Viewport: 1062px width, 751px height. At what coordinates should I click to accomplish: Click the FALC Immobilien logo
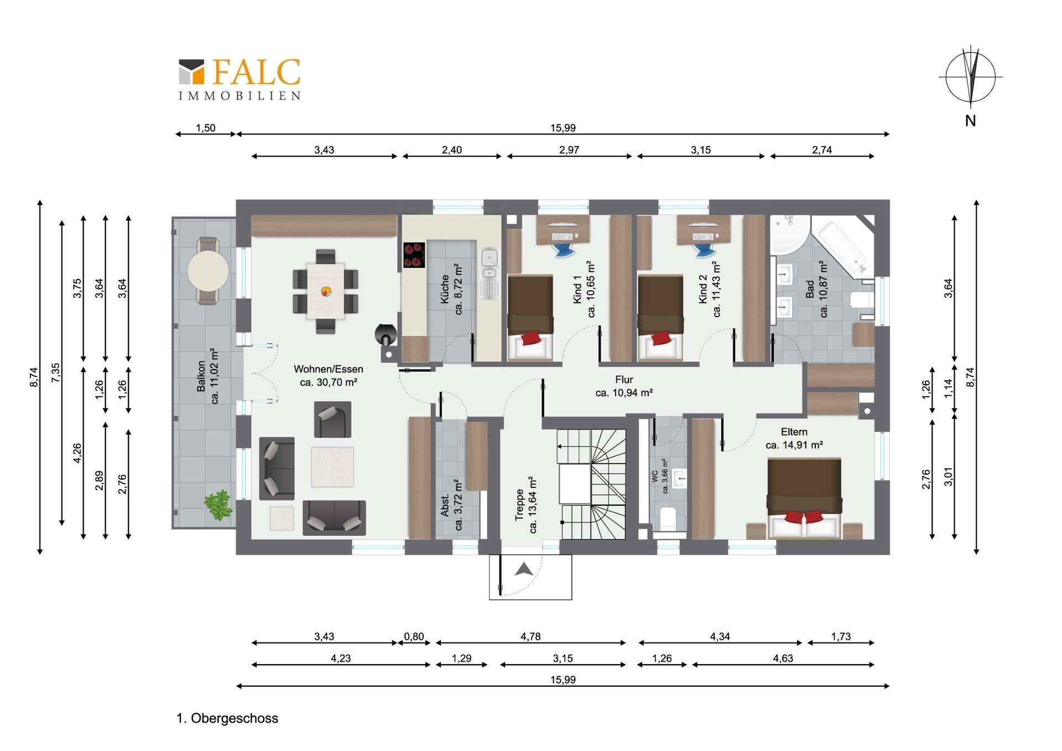[x=240, y=79]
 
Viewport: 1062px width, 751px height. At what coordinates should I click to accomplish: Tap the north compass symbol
[x=970, y=77]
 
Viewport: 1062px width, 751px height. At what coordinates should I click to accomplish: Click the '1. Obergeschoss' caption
[x=227, y=718]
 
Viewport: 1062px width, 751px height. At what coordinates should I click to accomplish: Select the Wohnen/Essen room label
[x=329, y=375]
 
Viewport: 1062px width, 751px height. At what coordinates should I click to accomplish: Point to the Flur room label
[x=624, y=386]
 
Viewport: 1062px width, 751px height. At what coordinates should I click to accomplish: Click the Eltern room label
[x=794, y=438]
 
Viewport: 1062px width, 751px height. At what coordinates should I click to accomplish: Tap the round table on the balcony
[x=208, y=271]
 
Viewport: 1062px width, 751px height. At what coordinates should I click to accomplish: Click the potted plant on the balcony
[x=218, y=504]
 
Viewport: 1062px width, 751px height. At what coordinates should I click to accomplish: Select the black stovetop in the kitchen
[x=414, y=255]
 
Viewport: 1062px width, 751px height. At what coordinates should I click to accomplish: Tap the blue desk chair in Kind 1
[x=563, y=250]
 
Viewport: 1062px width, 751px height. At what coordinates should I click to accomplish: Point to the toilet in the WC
[x=668, y=518]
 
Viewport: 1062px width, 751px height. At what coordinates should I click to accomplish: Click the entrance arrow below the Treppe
[x=524, y=569]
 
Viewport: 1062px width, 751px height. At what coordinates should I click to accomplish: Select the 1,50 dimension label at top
[x=206, y=128]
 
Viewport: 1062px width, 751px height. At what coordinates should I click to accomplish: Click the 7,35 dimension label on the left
[x=56, y=372]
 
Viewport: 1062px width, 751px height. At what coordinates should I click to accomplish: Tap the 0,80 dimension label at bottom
[x=414, y=636]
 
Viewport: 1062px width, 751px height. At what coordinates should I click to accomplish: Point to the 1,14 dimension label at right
[x=948, y=388]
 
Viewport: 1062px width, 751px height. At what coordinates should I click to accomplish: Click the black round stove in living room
[x=386, y=334]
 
